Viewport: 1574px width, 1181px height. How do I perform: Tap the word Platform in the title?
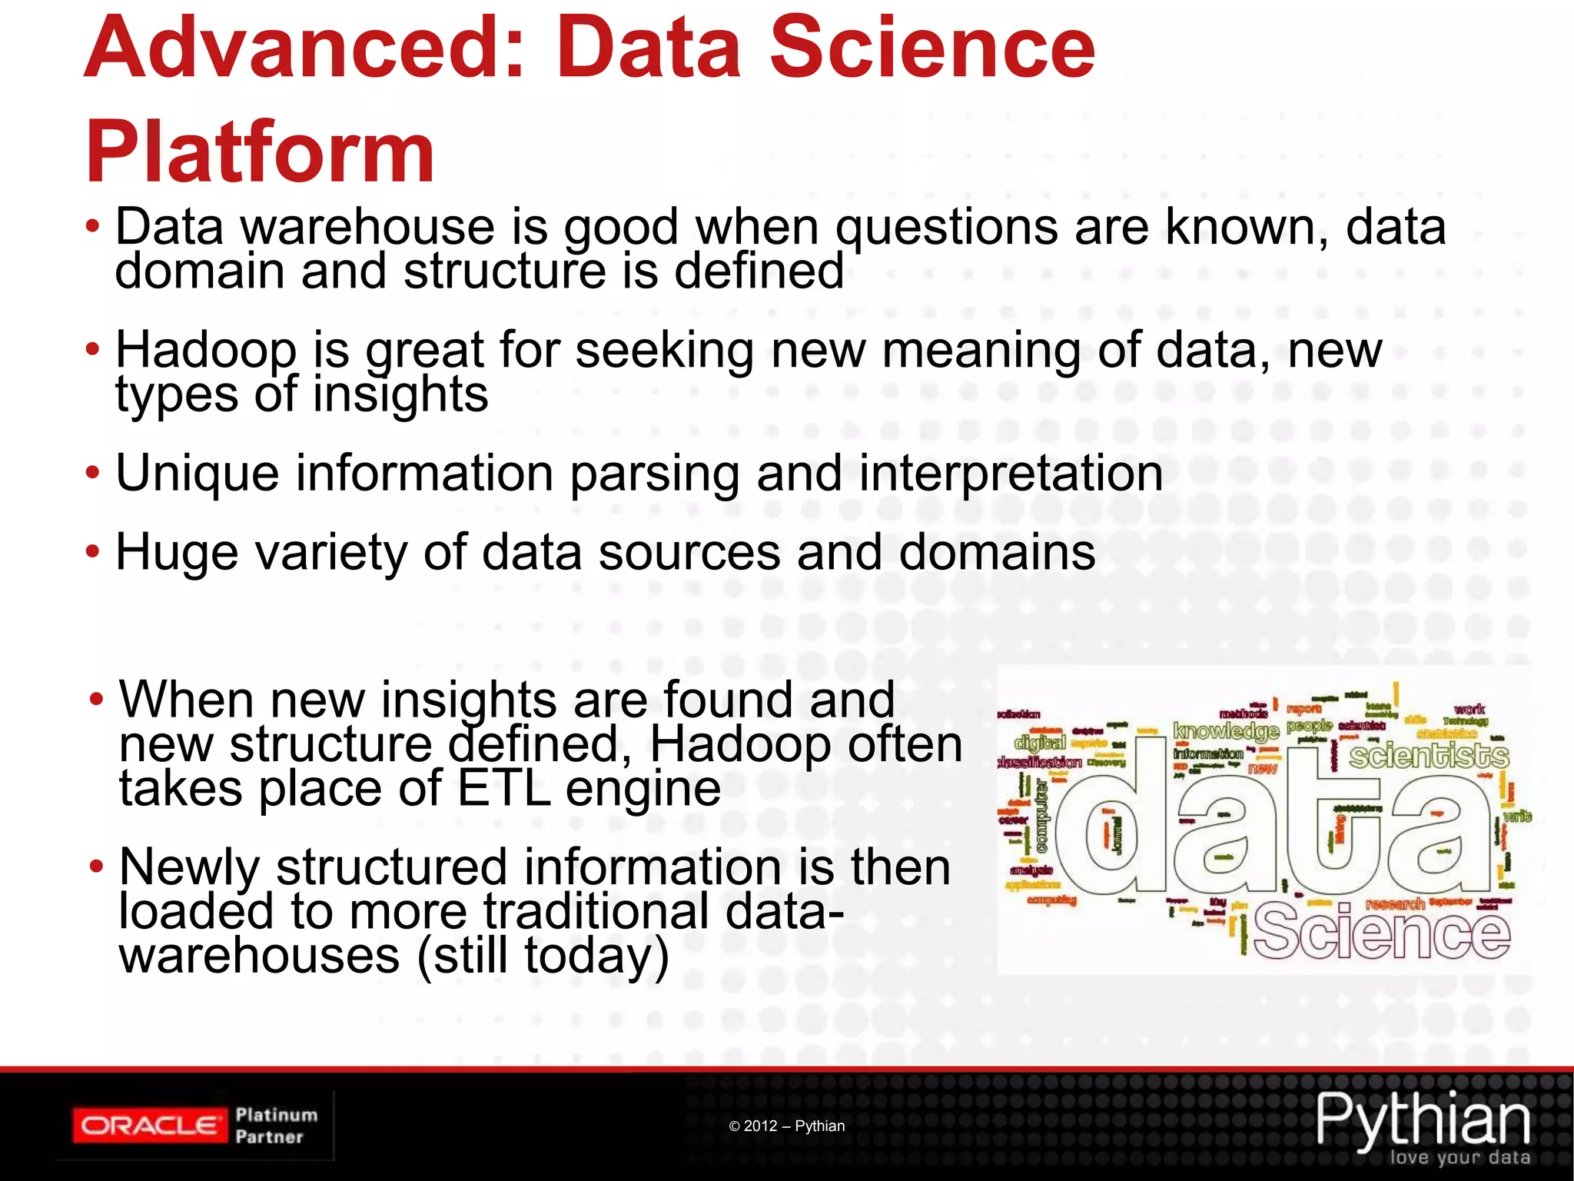pos(260,153)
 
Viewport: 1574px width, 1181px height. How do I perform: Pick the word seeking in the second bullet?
pos(664,351)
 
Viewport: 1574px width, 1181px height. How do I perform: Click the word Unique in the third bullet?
pos(197,474)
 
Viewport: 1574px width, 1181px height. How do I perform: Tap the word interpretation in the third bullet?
pos(1011,474)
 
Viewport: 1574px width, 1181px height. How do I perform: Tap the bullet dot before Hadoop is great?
pos(92,350)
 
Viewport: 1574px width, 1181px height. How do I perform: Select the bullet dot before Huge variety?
pos(92,551)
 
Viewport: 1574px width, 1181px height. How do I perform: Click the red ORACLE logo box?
pos(151,1126)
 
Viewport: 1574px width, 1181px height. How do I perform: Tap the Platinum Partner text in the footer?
pos(276,1126)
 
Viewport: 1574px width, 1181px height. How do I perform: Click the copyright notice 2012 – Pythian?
pos(787,1126)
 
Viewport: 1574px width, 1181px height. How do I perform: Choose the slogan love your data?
pos(1459,1158)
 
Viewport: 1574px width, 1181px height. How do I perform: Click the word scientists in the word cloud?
pos(1429,757)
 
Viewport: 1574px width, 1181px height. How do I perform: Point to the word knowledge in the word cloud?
pos(1225,730)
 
